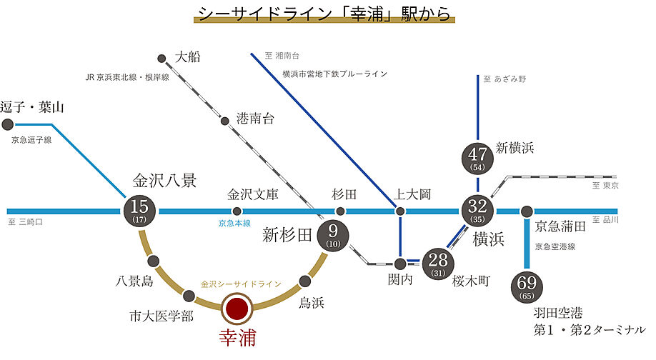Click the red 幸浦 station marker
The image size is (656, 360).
click(x=237, y=309)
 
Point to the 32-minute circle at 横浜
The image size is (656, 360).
click(x=477, y=211)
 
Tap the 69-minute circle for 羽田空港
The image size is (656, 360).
click(x=527, y=286)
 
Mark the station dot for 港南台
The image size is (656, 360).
click(x=224, y=120)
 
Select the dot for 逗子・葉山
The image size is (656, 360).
click(x=8, y=124)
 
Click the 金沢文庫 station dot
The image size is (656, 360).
click(x=237, y=211)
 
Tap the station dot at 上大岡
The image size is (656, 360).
click(x=400, y=211)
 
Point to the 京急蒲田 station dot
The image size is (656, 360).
click(x=527, y=211)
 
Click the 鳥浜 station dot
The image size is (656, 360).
click(x=306, y=281)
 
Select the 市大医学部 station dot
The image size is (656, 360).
click(x=189, y=295)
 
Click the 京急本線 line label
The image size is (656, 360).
click(x=235, y=224)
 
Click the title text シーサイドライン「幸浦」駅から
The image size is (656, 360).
click(x=325, y=15)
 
